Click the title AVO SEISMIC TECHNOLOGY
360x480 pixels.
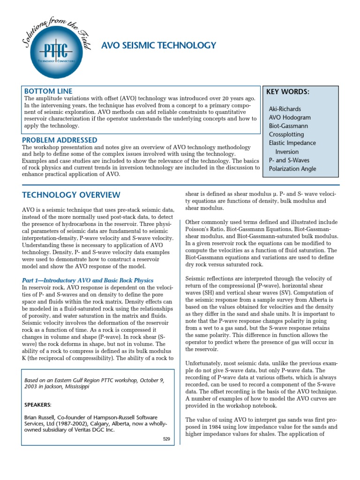[x=159, y=45]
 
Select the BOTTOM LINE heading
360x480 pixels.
[x=48, y=91]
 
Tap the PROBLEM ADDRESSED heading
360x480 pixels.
[x=60, y=140]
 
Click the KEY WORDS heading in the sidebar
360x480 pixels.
[x=287, y=91]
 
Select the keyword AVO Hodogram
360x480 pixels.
[x=290, y=117]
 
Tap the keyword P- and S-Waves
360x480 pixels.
[x=290, y=160]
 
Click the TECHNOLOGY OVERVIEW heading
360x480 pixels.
[x=71, y=195]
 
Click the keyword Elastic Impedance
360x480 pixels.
[x=292, y=143]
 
